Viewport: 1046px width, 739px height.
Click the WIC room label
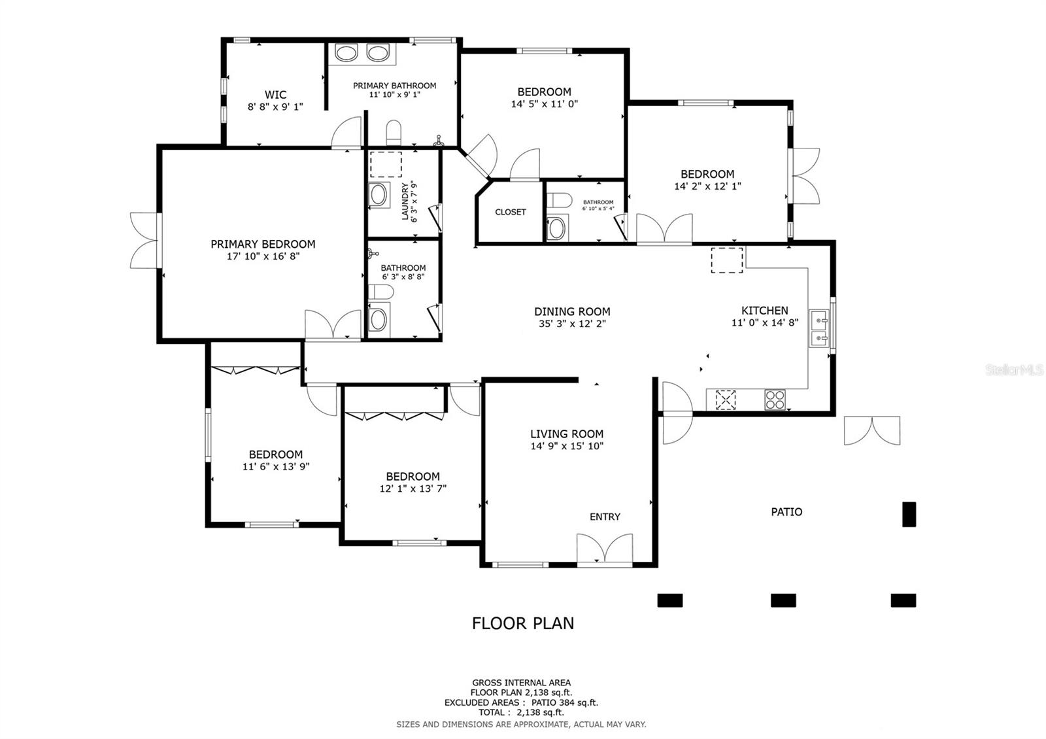tap(275, 94)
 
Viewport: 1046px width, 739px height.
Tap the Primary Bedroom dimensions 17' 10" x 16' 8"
tap(263, 256)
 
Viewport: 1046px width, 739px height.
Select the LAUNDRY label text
tap(405, 201)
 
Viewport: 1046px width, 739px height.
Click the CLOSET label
tap(511, 212)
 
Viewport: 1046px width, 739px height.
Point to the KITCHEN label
tap(764, 310)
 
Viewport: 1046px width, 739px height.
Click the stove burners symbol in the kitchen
tap(775, 399)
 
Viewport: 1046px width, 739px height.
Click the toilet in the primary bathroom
tap(394, 133)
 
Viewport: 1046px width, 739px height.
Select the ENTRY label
tap(605, 517)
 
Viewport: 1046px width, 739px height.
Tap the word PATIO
tap(786, 511)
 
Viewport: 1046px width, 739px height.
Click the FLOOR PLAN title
tap(523, 623)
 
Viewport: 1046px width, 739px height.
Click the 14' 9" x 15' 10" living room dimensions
tap(567, 446)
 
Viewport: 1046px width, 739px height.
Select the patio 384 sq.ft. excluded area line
tap(521, 702)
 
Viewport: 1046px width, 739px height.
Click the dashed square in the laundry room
tap(386, 164)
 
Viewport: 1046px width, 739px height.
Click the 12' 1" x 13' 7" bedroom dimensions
tap(413, 489)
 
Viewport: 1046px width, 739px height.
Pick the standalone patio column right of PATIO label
tap(909, 514)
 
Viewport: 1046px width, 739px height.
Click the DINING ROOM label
tap(572, 311)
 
